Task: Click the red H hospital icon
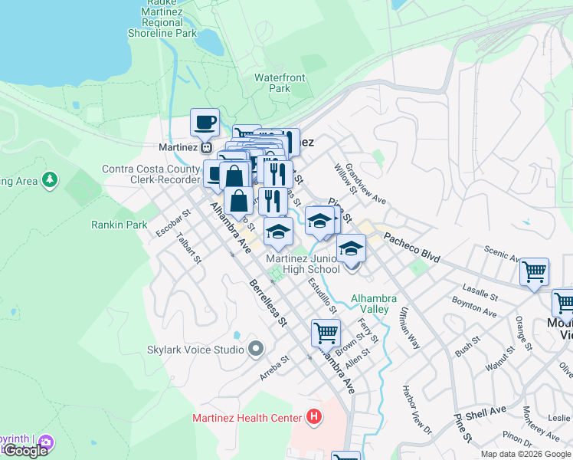click(313, 418)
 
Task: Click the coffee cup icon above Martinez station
click(205, 123)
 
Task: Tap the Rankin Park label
click(119, 225)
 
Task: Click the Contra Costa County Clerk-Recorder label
click(151, 174)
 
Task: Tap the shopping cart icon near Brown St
click(326, 334)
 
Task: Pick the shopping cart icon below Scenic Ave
click(534, 272)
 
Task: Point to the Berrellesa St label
click(267, 302)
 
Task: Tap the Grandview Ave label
click(365, 184)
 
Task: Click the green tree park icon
click(50, 179)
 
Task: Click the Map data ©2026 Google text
click(525, 454)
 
